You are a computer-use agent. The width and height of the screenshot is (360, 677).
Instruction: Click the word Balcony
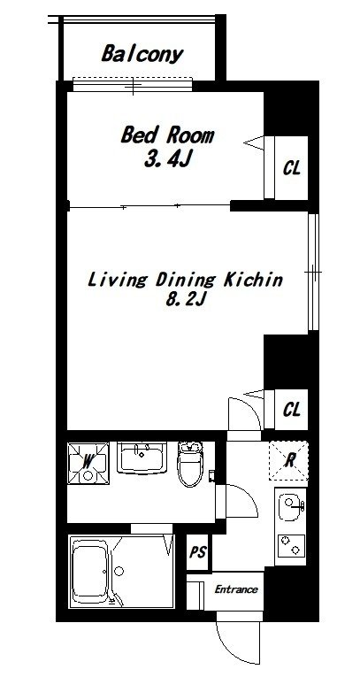[142, 55]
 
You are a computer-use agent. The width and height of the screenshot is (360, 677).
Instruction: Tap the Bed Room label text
[167, 135]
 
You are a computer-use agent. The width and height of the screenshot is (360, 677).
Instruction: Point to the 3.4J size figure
[167, 160]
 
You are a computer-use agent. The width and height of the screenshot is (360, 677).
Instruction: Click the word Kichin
[252, 280]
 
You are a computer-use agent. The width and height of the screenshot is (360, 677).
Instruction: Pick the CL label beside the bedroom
[291, 168]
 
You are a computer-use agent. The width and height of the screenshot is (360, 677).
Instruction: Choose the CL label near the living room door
[291, 410]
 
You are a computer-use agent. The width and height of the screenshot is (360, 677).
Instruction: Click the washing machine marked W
[88, 463]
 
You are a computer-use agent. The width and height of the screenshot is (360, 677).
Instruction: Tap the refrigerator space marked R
[288, 461]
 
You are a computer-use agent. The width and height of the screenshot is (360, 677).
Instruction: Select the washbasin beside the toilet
[142, 458]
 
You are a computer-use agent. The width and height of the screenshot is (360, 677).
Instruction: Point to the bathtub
[90, 571]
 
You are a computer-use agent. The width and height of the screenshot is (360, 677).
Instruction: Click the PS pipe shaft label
[198, 552]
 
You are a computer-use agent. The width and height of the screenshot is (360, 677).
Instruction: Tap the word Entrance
[236, 589]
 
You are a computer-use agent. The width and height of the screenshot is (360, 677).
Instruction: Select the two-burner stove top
[291, 545]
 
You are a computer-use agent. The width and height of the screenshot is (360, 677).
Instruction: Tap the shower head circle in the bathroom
[119, 571]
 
